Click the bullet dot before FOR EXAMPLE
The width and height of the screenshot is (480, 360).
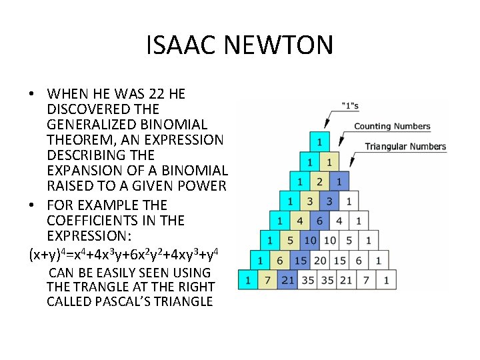tap(32, 205)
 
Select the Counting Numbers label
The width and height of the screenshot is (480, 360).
tap(392, 126)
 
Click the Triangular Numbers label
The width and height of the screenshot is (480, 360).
tap(405, 147)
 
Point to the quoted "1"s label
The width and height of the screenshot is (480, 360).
tap(349, 105)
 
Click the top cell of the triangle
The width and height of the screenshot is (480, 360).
tap(319, 141)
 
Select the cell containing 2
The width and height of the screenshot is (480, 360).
tap(319, 181)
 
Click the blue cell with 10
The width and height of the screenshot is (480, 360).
tap(309, 240)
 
